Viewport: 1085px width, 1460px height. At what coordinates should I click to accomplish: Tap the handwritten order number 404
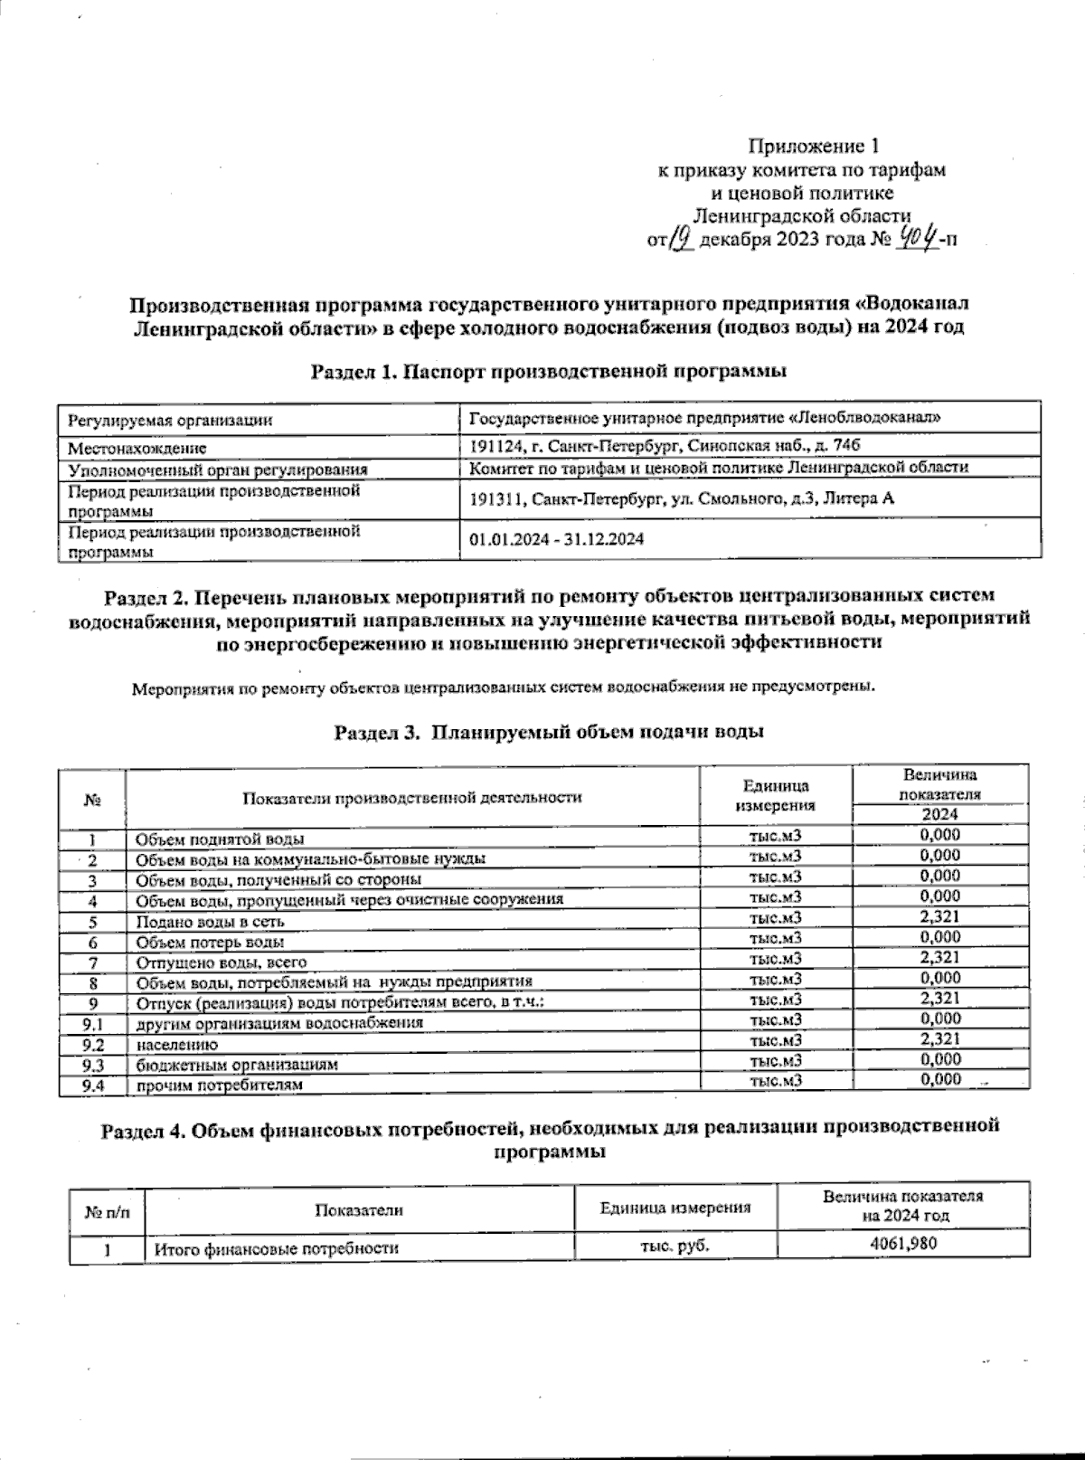pyautogui.click(x=917, y=239)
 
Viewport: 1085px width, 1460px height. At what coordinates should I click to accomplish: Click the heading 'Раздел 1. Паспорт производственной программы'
pyautogui.click(x=548, y=371)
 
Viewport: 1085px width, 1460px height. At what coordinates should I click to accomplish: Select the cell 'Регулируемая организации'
pyautogui.click(x=168, y=421)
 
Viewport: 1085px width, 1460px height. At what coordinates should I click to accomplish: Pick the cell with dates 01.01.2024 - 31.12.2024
pyautogui.click(x=557, y=539)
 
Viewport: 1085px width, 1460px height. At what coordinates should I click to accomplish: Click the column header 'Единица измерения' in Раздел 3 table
pyautogui.click(x=776, y=796)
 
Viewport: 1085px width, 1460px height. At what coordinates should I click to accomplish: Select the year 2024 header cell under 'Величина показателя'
pyautogui.click(x=939, y=814)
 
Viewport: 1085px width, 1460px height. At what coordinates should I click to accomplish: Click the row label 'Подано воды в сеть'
pyautogui.click(x=210, y=922)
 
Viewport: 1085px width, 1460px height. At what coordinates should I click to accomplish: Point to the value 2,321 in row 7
pyautogui.click(x=939, y=957)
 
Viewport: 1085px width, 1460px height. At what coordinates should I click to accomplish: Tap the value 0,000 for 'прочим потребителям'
pyautogui.click(x=940, y=1079)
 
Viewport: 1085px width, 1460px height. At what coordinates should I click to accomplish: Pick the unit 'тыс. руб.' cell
pyautogui.click(x=675, y=1247)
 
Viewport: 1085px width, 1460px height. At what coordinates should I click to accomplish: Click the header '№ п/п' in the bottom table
pyautogui.click(x=107, y=1210)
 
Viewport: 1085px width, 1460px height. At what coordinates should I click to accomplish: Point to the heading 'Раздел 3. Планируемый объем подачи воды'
pyautogui.click(x=549, y=732)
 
